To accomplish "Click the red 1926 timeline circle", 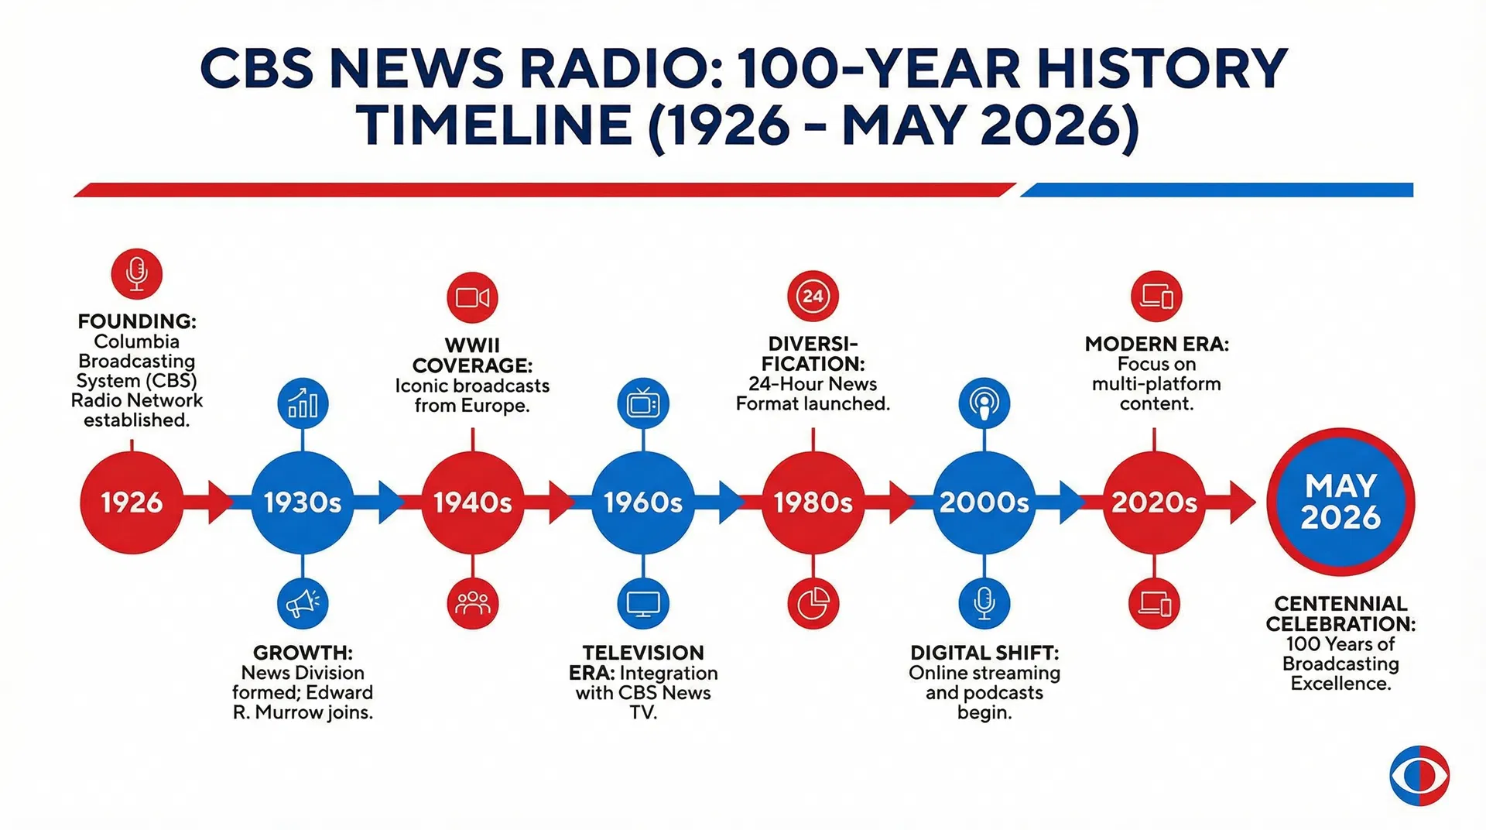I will (132, 502).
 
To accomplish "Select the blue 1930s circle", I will (302, 502).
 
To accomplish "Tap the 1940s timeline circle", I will (472, 502).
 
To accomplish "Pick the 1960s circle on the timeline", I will (642, 502).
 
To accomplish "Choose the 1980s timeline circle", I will (813, 502).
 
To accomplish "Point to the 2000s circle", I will (984, 502).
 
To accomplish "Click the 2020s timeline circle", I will (1154, 502).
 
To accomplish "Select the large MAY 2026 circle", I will (1340, 502).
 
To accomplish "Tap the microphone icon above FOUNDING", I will (136, 273).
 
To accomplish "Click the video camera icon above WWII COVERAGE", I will (472, 297).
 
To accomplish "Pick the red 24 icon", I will (813, 296).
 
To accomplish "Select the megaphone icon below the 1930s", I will (302, 603).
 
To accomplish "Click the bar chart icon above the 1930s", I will (302, 403).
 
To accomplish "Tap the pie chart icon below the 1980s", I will (813, 603).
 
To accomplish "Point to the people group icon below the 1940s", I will (472, 603).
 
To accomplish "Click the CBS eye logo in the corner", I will (1419, 775).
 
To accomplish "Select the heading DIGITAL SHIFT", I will (984, 653).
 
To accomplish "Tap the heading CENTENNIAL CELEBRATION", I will (1340, 613).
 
